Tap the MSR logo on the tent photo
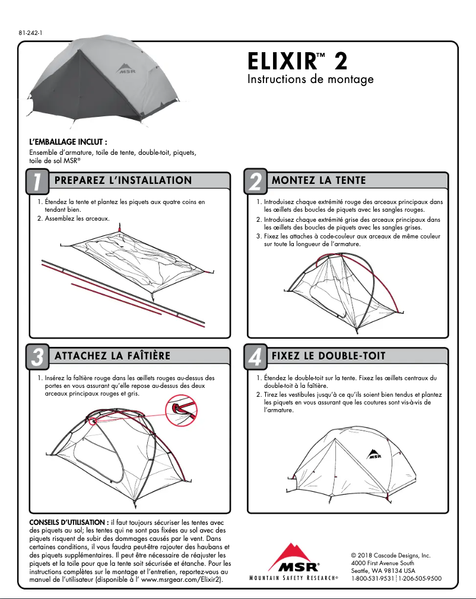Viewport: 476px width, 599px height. tap(123, 69)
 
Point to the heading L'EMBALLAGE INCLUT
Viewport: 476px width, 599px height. tap(68, 142)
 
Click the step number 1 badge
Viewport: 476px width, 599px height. tap(37, 182)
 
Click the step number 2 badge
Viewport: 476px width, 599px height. tap(255, 182)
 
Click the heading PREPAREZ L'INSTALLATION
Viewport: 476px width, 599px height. tap(123, 180)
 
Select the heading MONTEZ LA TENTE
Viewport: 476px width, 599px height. tap(319, 180)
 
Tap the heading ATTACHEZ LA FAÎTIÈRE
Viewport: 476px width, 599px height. tap(112, 356)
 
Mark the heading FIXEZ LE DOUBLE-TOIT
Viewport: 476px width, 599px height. tap(328, 356)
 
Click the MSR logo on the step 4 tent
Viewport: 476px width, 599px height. tap(373, 454)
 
